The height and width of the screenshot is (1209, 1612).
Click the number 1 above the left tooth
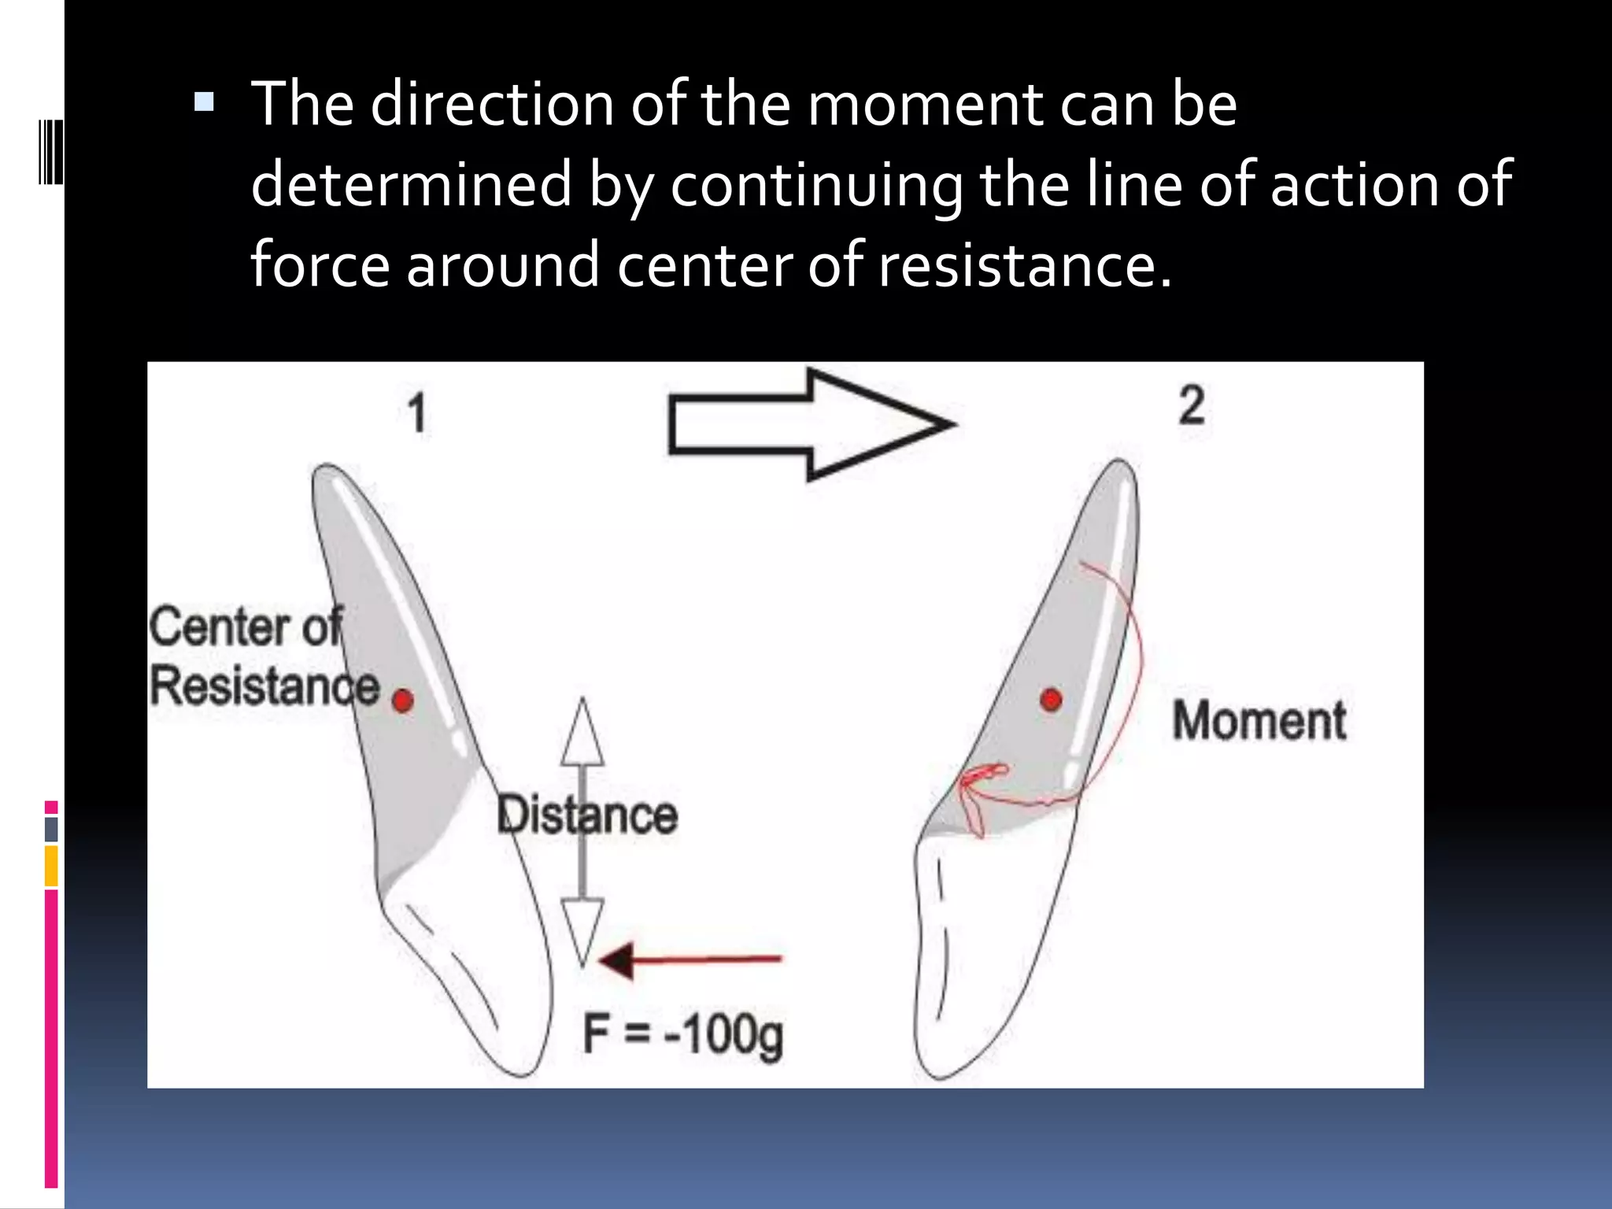click(417, 413)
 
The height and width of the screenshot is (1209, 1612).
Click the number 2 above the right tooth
click(1192, 406)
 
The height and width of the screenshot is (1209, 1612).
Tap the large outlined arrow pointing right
click(811, 424)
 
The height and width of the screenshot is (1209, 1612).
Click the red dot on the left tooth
click(403, 701)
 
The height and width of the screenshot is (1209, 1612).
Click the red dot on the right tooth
click(1052, 699)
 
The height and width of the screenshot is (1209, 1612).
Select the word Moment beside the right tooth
click(1259, 721)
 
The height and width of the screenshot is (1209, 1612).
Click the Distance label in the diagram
click(587, 815)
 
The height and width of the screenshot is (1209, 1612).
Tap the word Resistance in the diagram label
click(264, 686)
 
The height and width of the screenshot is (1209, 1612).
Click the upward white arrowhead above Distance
click(582, 734)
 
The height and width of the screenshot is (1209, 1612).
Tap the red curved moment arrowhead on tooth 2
click(973, 787)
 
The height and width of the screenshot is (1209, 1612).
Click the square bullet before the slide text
click(204, 102)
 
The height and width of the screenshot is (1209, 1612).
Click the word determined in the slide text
click(411, 184)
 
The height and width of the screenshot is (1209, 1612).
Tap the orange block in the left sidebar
click(51, 866)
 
